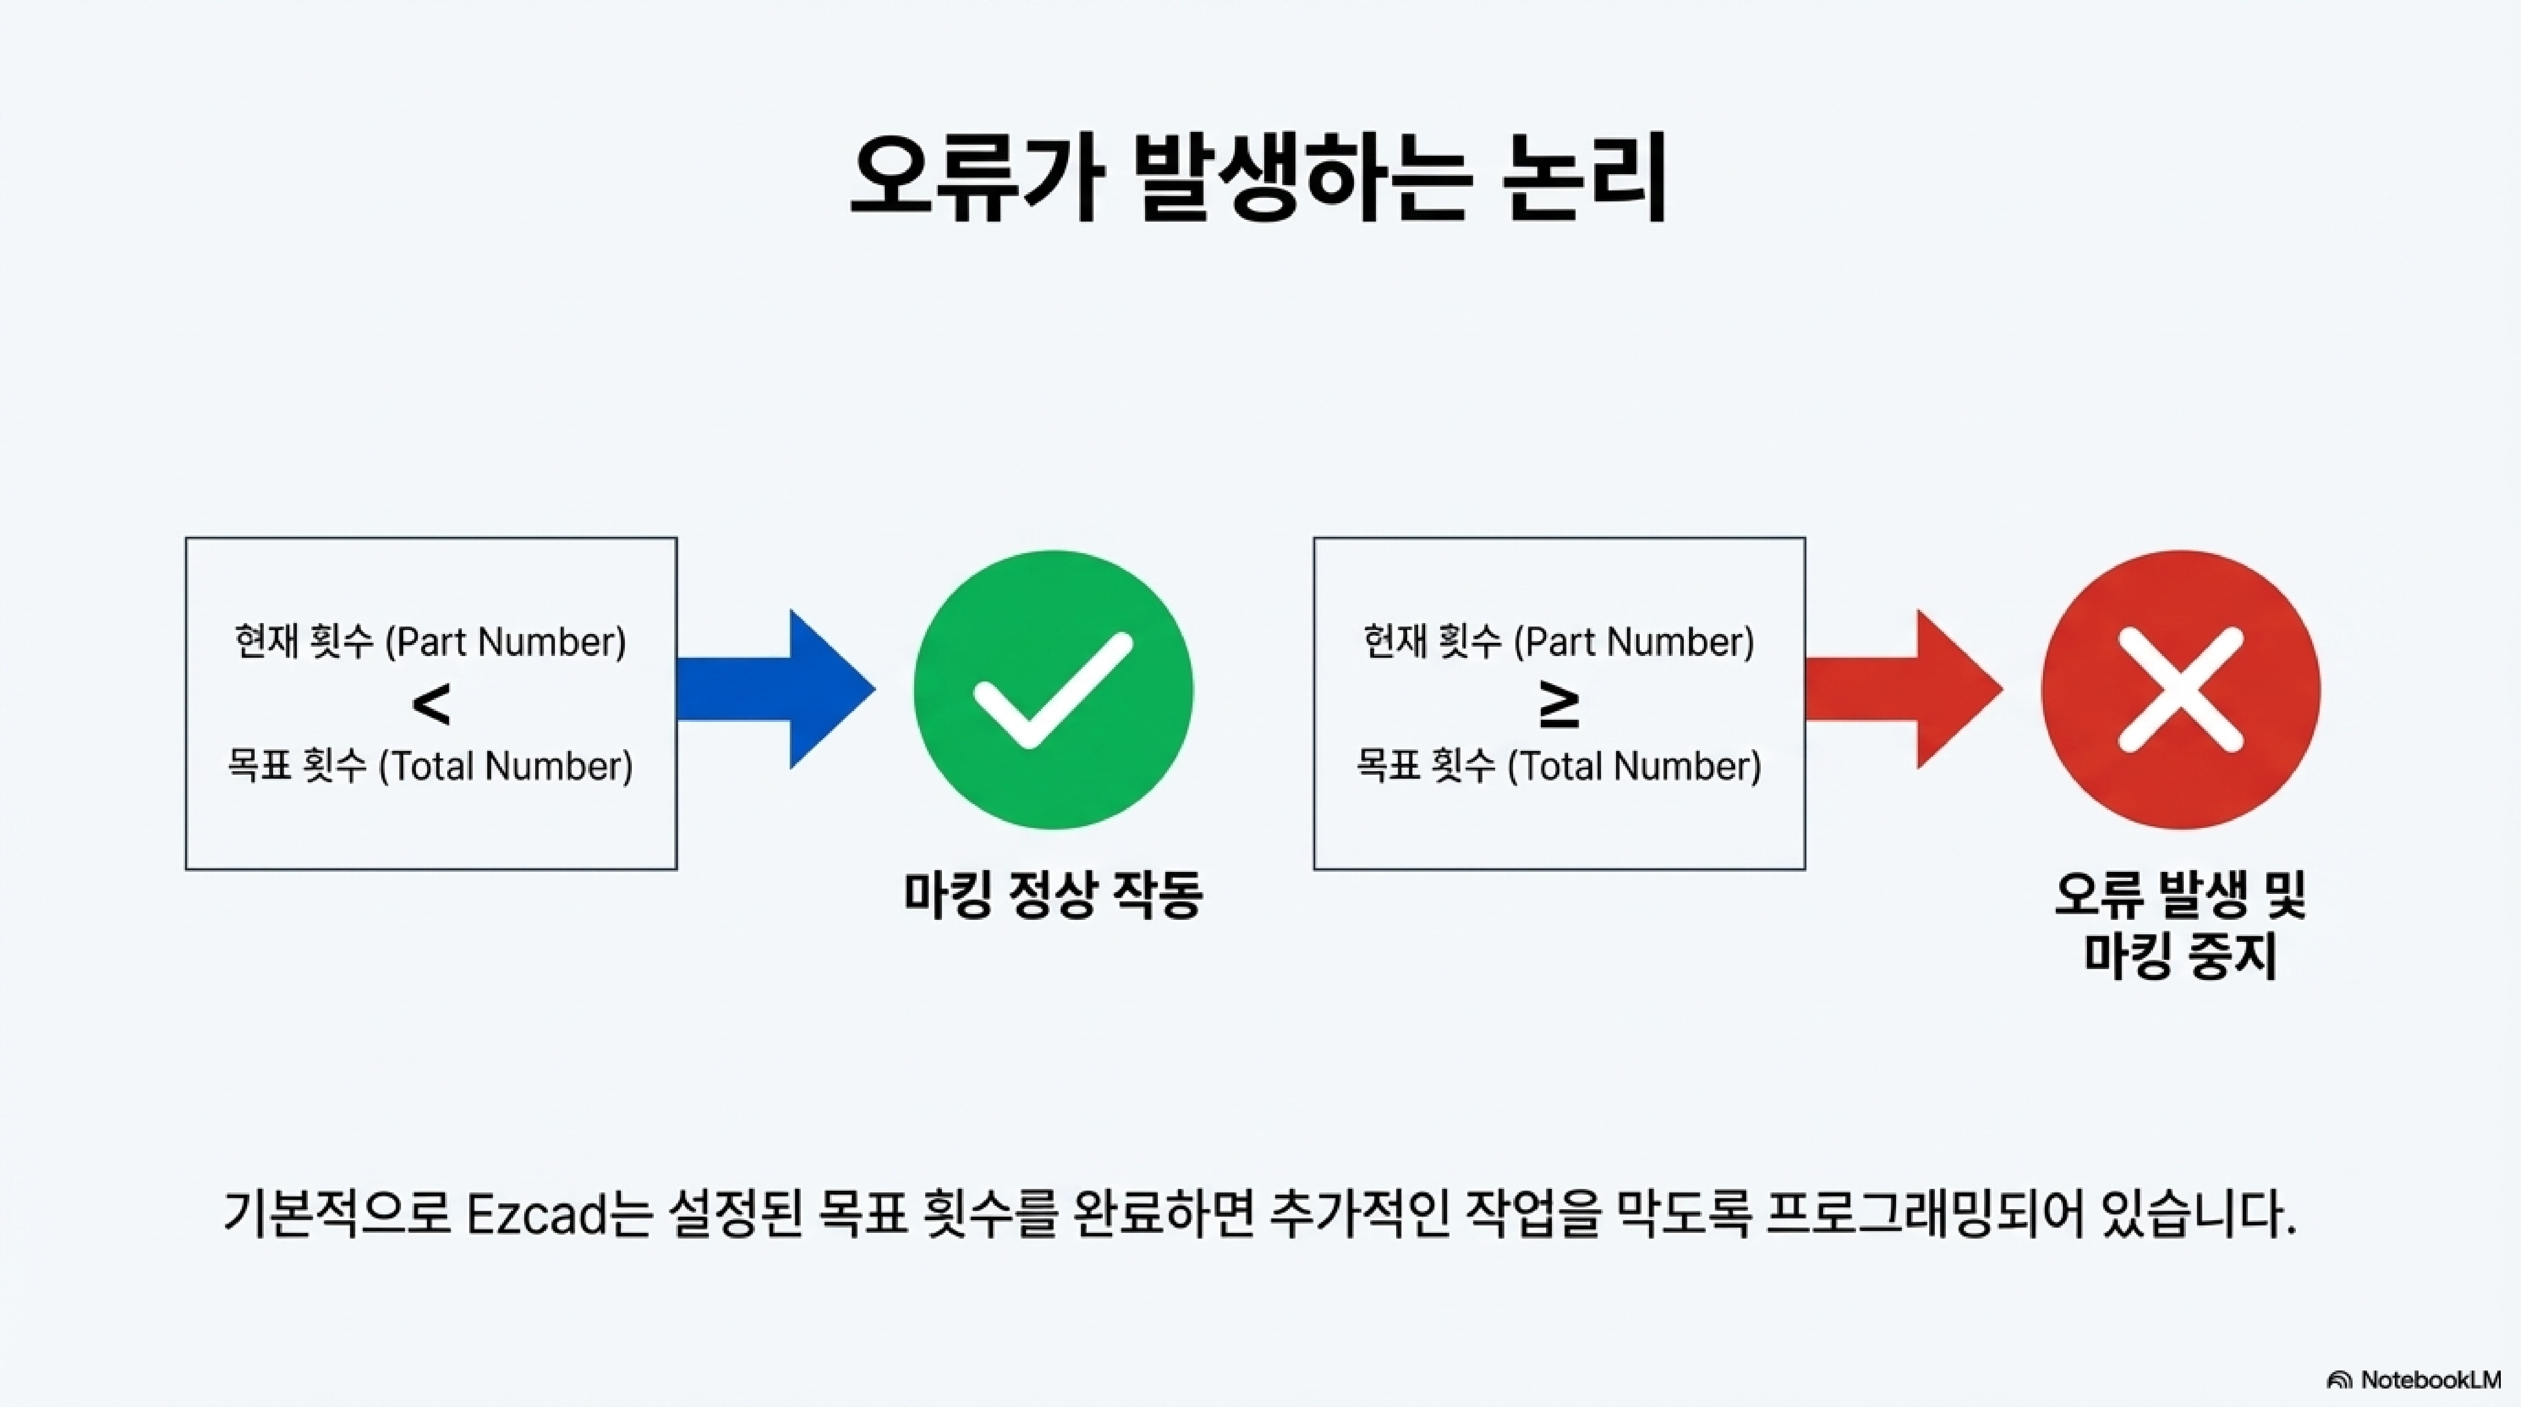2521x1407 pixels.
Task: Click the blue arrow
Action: click(773, 690)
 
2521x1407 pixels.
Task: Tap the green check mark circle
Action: click(1053, 690)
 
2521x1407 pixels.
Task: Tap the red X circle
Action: click(2181, 690)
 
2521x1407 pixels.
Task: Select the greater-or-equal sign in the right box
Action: click(1559, 707)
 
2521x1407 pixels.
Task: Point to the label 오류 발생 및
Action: click(2181, 893)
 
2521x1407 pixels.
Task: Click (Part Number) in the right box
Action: click(1633, 643)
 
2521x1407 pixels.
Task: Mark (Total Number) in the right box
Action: click(1633, 766)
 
